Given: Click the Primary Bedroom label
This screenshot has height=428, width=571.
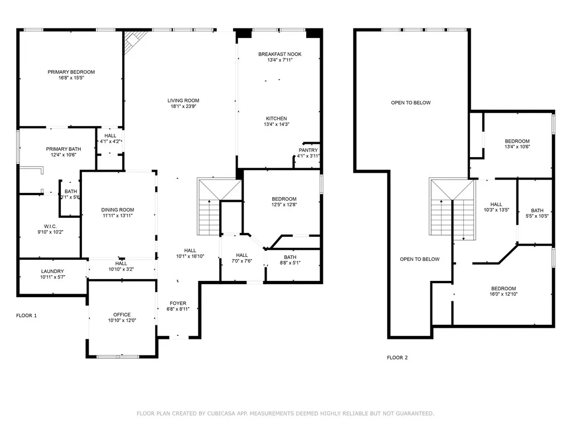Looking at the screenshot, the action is tap(71, 72).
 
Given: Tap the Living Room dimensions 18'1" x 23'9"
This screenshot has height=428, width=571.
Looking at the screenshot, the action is tap(183, 106).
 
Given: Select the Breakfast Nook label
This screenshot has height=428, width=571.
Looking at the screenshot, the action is tap(280, 54).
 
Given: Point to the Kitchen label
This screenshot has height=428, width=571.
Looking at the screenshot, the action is tap(277, 119).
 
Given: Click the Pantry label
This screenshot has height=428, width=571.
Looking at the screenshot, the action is tap(308, 150).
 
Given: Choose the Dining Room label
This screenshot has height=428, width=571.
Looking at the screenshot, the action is tap(118, 210).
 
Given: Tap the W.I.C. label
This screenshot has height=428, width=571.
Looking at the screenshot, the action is tap(50, 226).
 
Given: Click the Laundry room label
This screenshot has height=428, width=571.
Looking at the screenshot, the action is tap(52, 271).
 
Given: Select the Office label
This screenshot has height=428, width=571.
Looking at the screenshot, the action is tap(122, 315).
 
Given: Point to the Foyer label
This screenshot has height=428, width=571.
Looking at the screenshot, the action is tap(178, 304).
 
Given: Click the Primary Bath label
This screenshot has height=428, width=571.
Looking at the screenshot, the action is tap(64, 149).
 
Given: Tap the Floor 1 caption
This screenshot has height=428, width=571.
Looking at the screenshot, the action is tap(27, 315).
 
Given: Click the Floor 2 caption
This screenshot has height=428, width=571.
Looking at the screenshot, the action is tap(397, 358).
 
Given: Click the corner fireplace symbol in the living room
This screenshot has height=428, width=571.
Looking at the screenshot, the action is tap(135, 41).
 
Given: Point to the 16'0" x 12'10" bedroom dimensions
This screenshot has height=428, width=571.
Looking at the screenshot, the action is tap(504, 294).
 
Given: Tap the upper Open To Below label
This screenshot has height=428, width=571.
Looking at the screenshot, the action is tap(411, 103).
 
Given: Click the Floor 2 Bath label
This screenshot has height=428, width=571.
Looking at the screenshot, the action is tap(537, 211).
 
